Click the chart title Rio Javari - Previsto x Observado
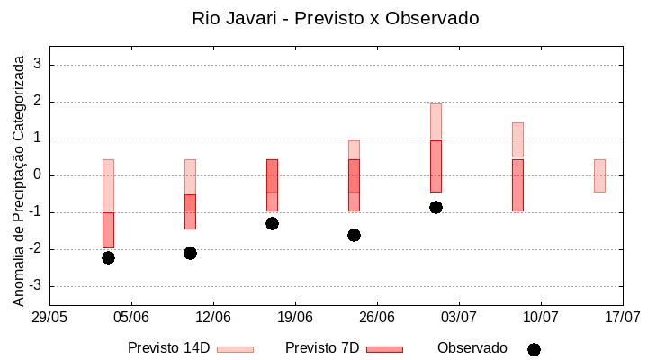[x=335, y=18]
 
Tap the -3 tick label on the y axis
[x=35, y=286]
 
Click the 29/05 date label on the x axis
[x=49, y=317]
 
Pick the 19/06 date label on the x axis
[x=295, y=317]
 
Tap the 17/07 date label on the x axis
[x=622, y=317]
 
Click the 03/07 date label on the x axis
[x=459, y=317]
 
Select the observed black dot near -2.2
[x=108, y=257]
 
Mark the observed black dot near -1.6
[x=354, y=235]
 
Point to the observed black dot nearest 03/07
[x=436, y=207]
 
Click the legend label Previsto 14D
[x=168, y=348]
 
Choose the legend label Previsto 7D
[x=321, y=348]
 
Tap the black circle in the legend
[x=534, y=349]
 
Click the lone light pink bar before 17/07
[x=599, y=175]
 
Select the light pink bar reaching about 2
[x=436, y=121]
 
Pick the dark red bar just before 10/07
[x=517, y=184]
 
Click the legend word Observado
[x=472, y=348]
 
